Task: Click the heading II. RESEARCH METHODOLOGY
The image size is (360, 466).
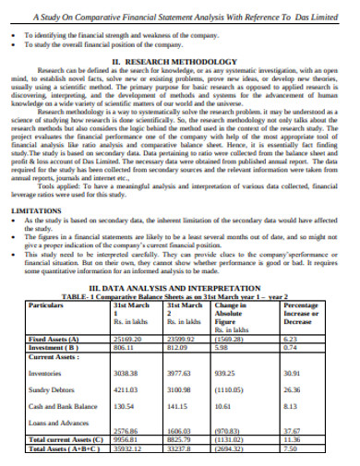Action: click(179, 61)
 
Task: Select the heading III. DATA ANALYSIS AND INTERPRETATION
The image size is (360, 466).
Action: click(181, 287)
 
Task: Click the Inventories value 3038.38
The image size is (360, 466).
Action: click(126, 373)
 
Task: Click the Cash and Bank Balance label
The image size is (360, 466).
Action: click(61, 407)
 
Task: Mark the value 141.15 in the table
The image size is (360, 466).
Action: click(178, 407)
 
